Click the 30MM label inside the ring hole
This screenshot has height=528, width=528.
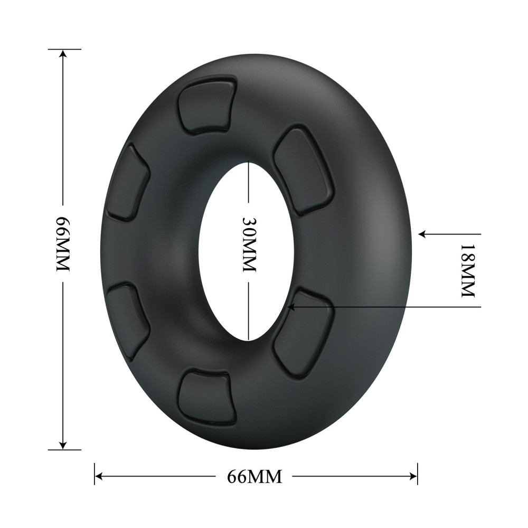248,243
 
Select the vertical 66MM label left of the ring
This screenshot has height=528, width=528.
63,243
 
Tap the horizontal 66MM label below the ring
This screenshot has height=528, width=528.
254,477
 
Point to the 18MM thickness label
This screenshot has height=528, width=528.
468,270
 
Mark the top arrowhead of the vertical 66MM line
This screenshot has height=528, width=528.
63,53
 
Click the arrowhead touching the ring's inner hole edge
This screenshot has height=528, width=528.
290,305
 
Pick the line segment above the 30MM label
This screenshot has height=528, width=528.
248,182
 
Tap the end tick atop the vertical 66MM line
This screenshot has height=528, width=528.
64,49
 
